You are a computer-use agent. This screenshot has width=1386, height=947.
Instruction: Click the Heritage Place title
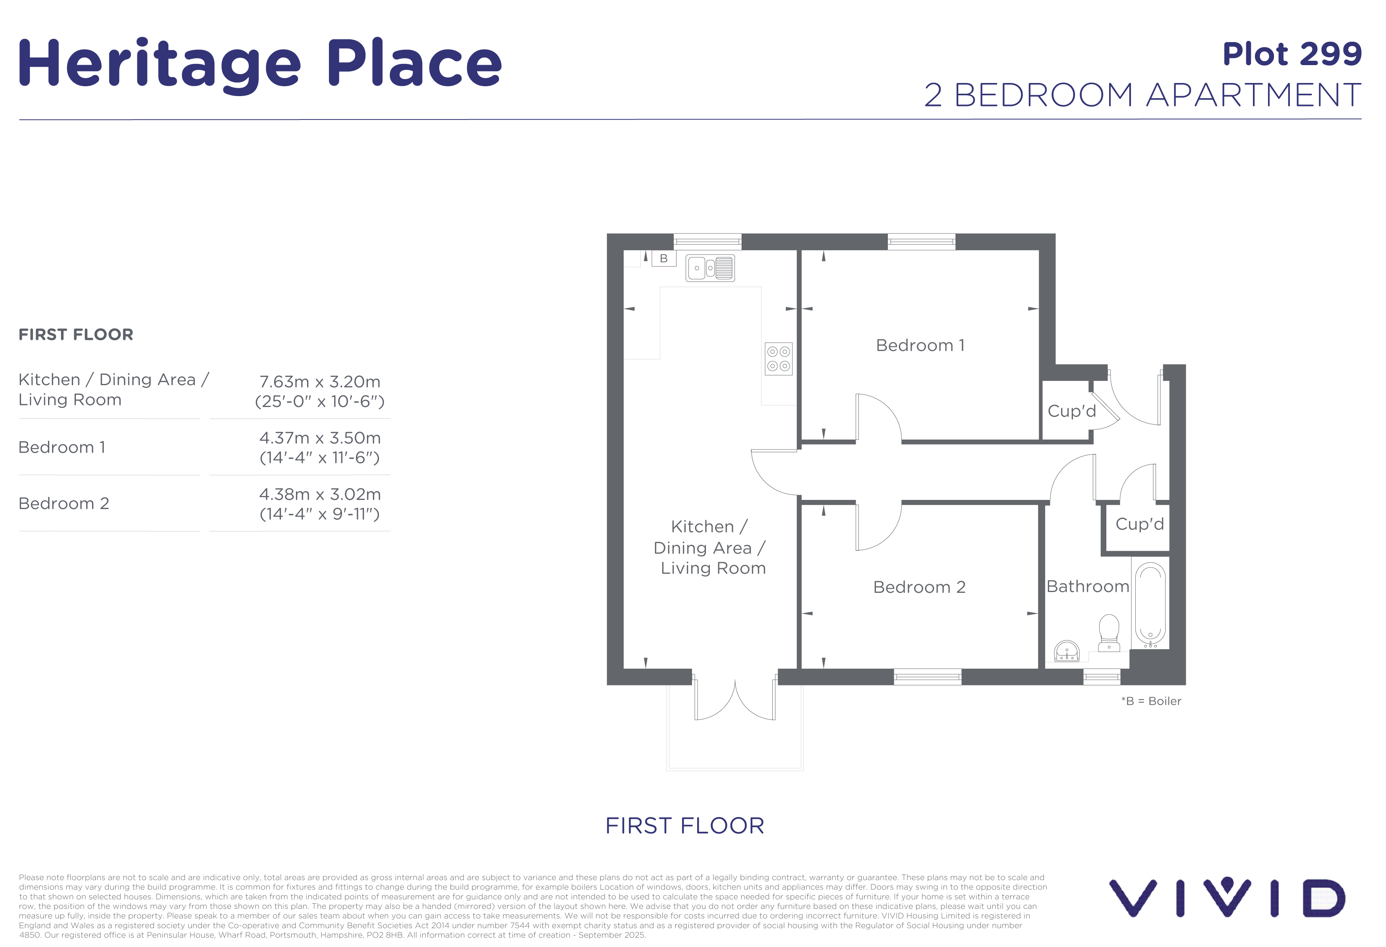click(260, 64)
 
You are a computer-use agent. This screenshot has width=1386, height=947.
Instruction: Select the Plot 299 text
click(1292, 54)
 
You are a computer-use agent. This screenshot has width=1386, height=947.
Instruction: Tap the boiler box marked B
click(663, 258)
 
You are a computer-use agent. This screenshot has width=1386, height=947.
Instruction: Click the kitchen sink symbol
click(710, 268)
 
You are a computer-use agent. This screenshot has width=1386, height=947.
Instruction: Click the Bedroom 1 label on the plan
click(920, 346)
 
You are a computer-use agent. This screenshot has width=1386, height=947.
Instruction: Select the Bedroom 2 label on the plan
click(919, 587)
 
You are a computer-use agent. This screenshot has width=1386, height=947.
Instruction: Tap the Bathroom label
click(1088, 586)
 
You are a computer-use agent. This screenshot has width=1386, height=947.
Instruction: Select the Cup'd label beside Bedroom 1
click(1072, 411)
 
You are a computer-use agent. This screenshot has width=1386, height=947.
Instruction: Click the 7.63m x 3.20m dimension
click(320, 382)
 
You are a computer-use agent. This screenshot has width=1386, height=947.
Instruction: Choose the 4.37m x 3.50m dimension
click(320, 438)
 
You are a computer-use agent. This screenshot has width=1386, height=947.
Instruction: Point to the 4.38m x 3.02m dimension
click(320, 494)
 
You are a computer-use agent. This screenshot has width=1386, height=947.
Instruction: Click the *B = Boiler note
click(1151, 702)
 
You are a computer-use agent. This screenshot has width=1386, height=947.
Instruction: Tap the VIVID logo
click(1227, 897)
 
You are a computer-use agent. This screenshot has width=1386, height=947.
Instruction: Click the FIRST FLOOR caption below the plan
click(684, 826)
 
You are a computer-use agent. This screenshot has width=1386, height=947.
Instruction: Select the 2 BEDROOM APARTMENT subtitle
click(1142, 95)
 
